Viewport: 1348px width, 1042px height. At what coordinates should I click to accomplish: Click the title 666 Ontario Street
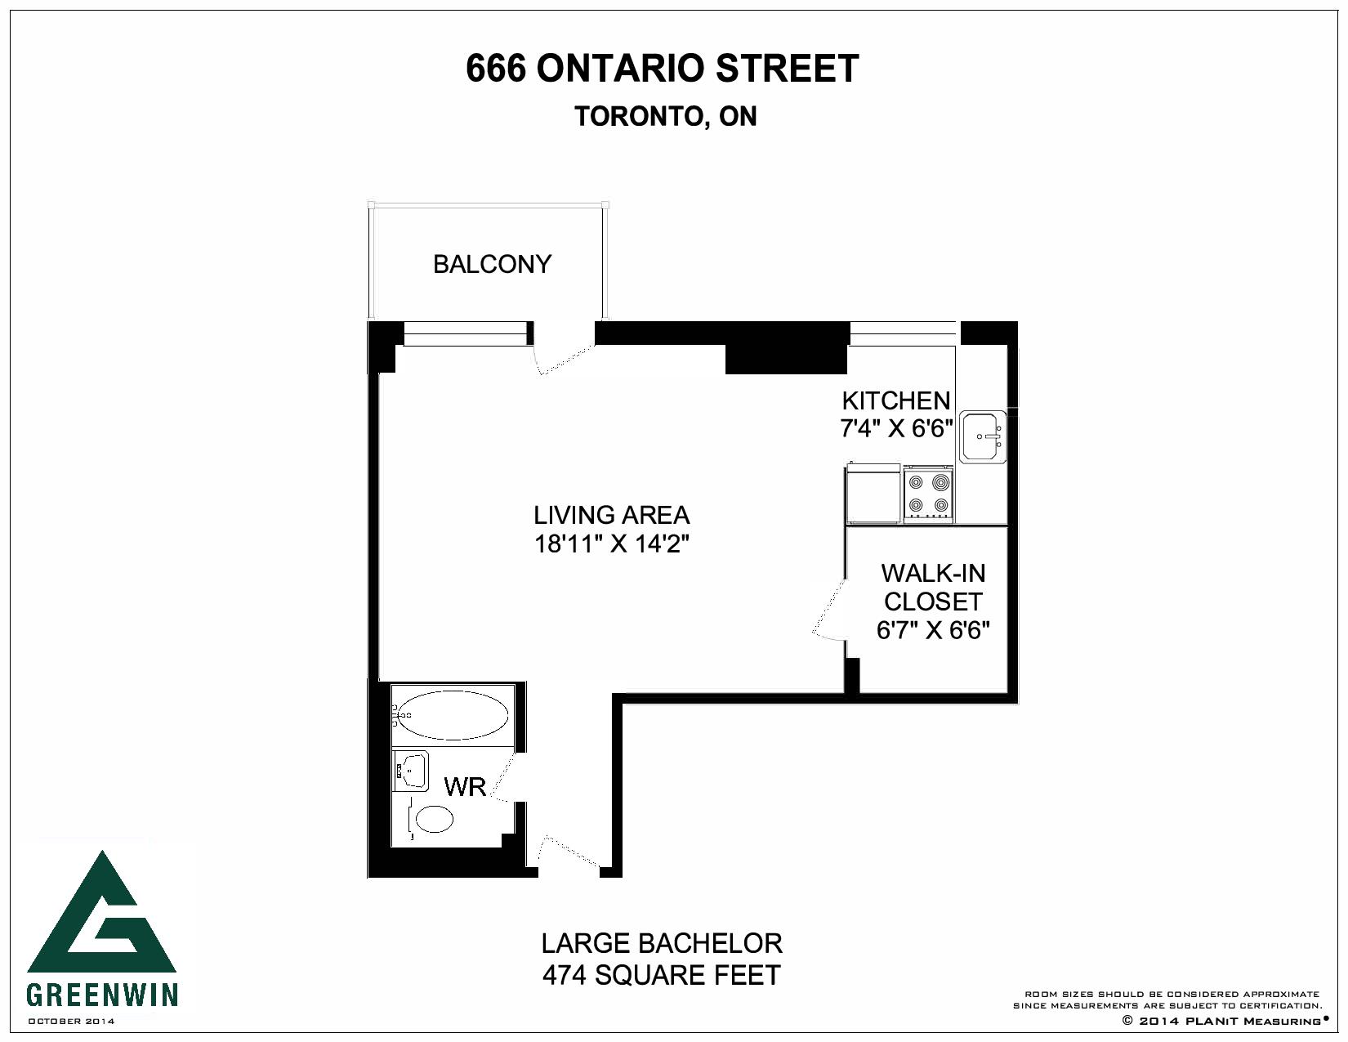(x=662, y=69)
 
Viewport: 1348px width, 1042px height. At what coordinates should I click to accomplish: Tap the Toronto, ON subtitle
(x=666, y=117)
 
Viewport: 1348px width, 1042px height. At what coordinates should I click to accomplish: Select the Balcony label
(x=492, y=264)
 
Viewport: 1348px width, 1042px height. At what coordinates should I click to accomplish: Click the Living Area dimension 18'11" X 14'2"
(x=612, y=544)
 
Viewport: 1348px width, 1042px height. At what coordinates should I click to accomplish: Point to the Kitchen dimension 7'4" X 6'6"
(x=895, y=428)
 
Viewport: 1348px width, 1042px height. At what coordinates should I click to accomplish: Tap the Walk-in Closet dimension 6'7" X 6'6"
(x=932, y=631)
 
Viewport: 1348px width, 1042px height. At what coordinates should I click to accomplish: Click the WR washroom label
(x=465, y=787)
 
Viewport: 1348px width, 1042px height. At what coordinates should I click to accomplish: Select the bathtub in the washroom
(x=453, y=716)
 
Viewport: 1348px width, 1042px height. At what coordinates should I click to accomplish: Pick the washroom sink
(x=411, y=771)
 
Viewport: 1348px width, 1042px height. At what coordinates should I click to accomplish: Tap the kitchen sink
(x=983, y=436)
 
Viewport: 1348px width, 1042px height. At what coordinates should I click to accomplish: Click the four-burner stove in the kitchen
(x=929, y=494)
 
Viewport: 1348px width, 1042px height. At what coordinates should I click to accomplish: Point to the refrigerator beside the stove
(x=873, y=494)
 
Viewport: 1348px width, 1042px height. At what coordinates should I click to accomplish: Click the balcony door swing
(x=564, y=357)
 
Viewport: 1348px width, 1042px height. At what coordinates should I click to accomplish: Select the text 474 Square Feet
(x=661, y=975)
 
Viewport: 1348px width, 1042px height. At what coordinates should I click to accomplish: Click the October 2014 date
(x=71, y=1021)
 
